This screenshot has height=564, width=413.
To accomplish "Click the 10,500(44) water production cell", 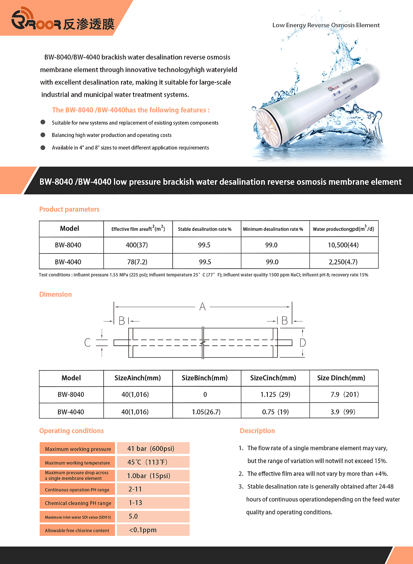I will [343, 245].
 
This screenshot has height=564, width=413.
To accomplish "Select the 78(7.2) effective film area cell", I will [137, 262].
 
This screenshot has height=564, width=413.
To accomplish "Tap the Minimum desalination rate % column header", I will [273, 229].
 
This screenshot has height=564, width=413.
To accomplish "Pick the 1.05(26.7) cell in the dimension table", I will [206, 412].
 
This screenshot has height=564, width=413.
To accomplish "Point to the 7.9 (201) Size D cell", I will [344, 394].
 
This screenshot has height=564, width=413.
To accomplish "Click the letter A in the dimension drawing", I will [202, 306].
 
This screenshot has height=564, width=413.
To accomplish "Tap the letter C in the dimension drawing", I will [87, 342].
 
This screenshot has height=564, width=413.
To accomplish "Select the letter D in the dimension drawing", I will [302, 342].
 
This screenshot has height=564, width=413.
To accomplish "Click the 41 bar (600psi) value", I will [151, 449].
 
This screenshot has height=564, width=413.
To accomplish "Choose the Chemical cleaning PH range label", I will [78, 503].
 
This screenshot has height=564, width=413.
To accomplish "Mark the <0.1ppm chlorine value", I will [143, 530].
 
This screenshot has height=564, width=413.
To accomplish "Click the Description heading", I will [257, 431].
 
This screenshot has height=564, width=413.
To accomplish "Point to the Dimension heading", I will [55, 294].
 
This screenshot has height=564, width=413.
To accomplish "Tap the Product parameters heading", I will [69, 209].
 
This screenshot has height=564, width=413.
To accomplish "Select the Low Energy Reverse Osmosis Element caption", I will [326, 25].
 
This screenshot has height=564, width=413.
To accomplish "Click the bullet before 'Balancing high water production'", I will [43, 135].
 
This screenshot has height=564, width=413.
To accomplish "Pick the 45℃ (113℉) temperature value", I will [147, 462].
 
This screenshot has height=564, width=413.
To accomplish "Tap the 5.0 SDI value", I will [133, 516].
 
